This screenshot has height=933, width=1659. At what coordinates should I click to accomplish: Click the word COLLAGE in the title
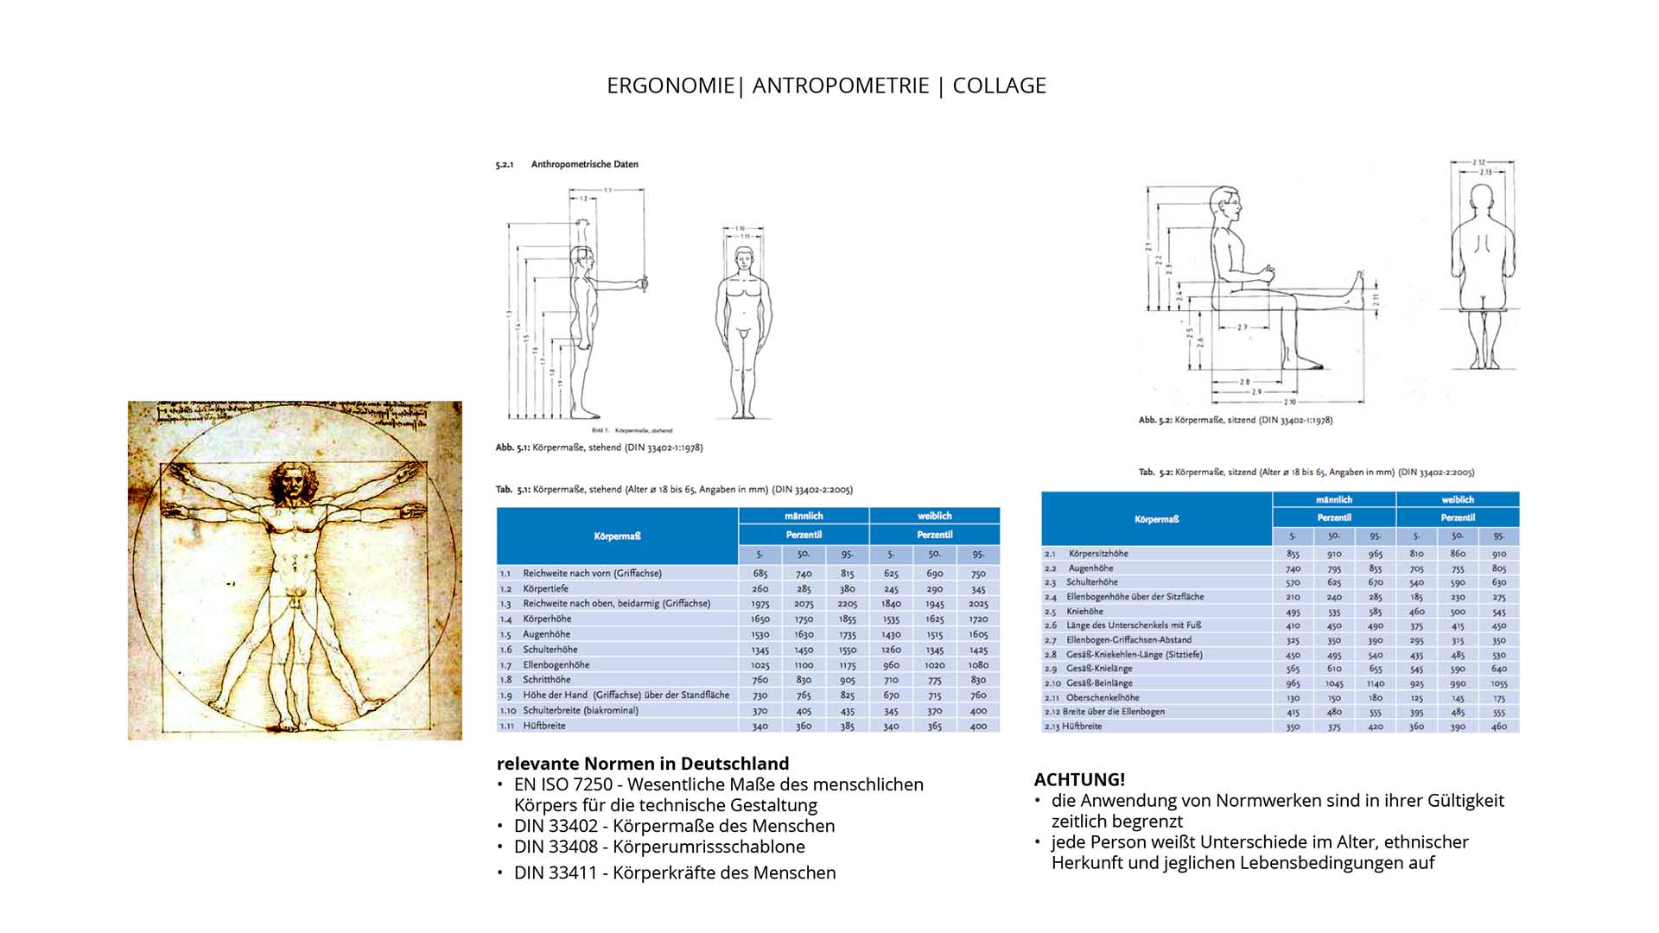click(999, 86)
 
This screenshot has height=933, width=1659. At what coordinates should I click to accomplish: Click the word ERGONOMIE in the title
click(671, 86)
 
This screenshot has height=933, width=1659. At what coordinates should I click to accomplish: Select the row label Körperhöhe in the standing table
click(547, 619)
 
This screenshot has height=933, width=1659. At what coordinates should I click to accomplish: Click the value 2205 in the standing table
click(847, 604)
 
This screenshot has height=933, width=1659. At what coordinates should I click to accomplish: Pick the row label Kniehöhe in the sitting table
click(1084, 611)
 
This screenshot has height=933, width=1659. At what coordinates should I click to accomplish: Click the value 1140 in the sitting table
click(1376, 683)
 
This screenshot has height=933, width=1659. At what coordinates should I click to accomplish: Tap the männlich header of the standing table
click(804, 516)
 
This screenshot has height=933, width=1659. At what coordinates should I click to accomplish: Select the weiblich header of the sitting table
click(1458, 499)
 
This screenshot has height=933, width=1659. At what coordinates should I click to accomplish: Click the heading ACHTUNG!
click(1079, 779)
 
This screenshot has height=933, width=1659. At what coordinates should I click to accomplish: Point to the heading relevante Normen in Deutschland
click(643, 764)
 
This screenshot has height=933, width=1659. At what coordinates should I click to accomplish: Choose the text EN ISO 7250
click(563, 784)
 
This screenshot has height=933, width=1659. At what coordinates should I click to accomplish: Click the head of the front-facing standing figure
click(744, 258)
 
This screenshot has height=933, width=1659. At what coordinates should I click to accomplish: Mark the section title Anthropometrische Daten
click(584, 164)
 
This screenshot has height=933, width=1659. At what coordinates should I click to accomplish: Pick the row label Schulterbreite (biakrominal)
click(580, 710)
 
